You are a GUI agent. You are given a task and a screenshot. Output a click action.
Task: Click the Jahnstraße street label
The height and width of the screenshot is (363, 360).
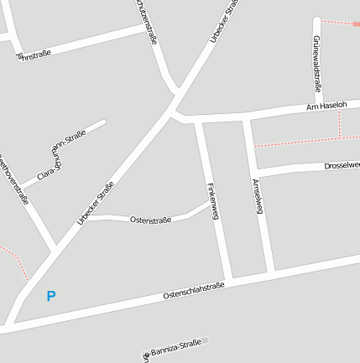tap(34, 54)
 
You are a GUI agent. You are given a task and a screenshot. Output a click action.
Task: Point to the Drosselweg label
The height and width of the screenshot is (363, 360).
tap(342, 166)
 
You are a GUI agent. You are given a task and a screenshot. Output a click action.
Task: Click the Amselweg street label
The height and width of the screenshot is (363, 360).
tap(258, 195)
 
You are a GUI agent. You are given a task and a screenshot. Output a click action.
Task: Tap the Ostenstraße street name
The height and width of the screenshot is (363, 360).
tap(150, 220)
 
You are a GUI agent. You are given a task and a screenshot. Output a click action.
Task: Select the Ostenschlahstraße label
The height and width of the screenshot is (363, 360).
tap(194, 291)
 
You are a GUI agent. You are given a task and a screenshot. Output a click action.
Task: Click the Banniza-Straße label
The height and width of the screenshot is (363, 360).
tap(173, 346)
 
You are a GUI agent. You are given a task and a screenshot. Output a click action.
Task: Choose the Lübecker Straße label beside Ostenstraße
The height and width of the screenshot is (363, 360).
tap(95, 205)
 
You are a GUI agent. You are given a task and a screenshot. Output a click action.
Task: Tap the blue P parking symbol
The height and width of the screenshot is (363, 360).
tap(51, 296)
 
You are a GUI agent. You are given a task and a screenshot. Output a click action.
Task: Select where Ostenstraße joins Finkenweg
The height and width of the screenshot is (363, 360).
tap(210, 201)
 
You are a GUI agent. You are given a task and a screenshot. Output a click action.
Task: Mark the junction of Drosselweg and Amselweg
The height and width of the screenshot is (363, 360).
tap(255, 171)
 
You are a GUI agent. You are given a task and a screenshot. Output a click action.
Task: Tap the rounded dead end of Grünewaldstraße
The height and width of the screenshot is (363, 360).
tap(316, 21)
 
